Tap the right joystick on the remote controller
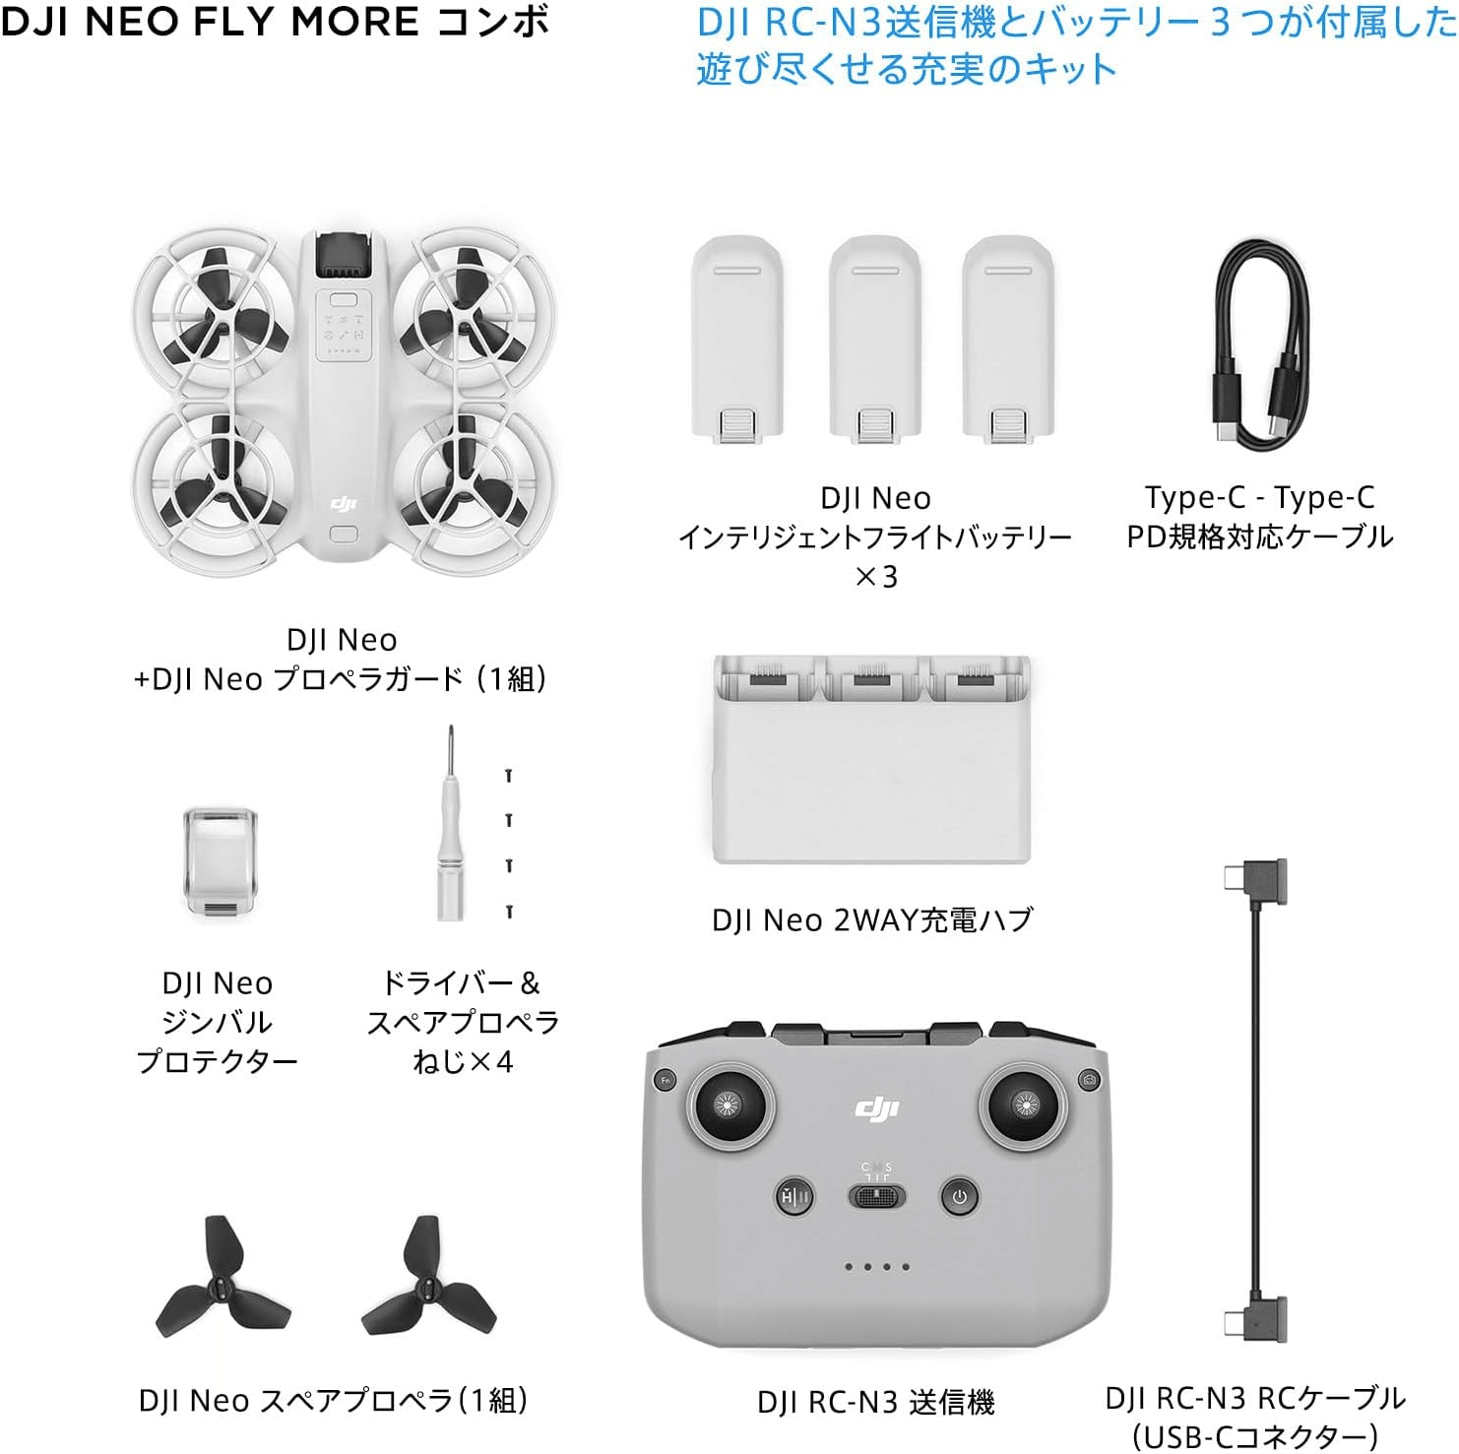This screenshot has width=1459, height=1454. [1023, 1106]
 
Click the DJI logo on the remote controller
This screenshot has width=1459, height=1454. [876, 1109]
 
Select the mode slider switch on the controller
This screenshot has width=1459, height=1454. [876, 1196]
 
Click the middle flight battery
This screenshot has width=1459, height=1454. [874, 340]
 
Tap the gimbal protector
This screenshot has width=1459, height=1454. [221, 862]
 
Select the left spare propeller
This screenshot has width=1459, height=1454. [222, 1278]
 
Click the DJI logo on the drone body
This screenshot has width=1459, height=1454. [343, 505]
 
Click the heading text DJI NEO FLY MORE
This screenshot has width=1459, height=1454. [211, 22]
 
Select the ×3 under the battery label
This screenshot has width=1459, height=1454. [875, 577]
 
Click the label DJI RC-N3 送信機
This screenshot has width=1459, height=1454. [875, 1402]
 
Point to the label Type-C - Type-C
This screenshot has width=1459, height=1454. [1259, 498]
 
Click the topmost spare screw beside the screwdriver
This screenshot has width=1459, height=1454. [509, 776]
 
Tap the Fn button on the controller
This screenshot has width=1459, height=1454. [666, 1080]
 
